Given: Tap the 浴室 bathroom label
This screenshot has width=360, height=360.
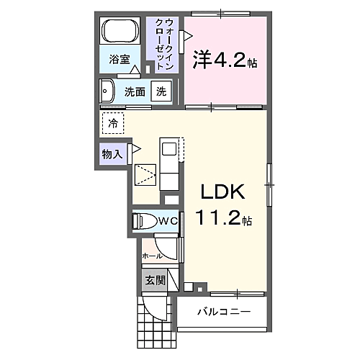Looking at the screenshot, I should tap(119, 60).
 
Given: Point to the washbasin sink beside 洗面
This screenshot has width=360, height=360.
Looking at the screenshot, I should tap(108, 91).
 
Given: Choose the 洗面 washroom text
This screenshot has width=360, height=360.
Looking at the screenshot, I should tap(135, 92).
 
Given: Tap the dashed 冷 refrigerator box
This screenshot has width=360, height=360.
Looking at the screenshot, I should tap(112, 123).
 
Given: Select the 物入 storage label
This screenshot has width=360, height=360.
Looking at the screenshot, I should tap(113, 153).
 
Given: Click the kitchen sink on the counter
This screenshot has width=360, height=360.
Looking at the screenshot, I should tap(168, 149).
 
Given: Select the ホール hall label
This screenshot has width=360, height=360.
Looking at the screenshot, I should tap(152, 256).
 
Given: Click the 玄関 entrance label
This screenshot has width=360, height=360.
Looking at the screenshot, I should tap(156, 280).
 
